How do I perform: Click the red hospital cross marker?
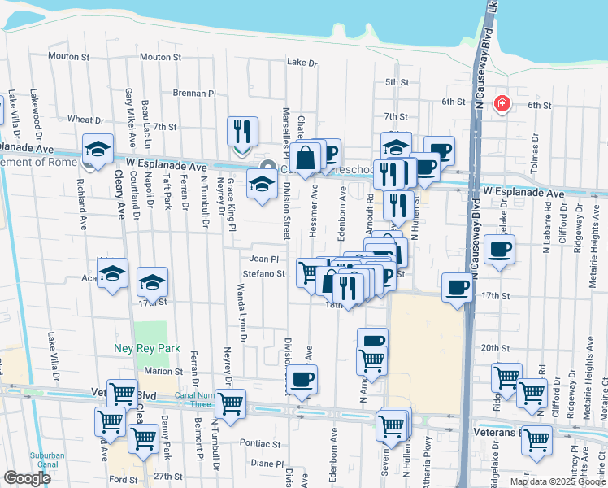point(502,104)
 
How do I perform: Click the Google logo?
point(27,478)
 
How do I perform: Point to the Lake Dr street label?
point(302,63)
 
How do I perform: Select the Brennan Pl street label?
point(193,94)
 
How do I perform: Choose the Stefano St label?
point(263,274)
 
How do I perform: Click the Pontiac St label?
point(260,445)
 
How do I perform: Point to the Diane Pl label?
point(266,463)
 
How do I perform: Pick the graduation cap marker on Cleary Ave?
point(97,150)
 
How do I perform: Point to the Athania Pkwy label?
point(428,460)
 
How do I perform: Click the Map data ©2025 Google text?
point(558,481)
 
